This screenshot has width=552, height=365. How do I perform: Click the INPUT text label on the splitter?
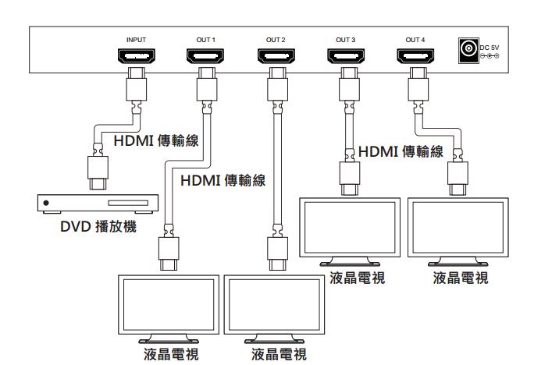point(136,39)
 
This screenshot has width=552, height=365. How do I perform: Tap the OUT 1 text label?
point(205,39)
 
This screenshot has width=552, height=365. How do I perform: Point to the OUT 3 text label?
point(346,39)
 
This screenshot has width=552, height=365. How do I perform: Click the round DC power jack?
point(468,50)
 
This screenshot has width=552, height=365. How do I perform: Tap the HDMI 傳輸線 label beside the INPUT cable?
point(156,141)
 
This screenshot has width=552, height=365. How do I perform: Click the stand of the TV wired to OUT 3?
point(351,262)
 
